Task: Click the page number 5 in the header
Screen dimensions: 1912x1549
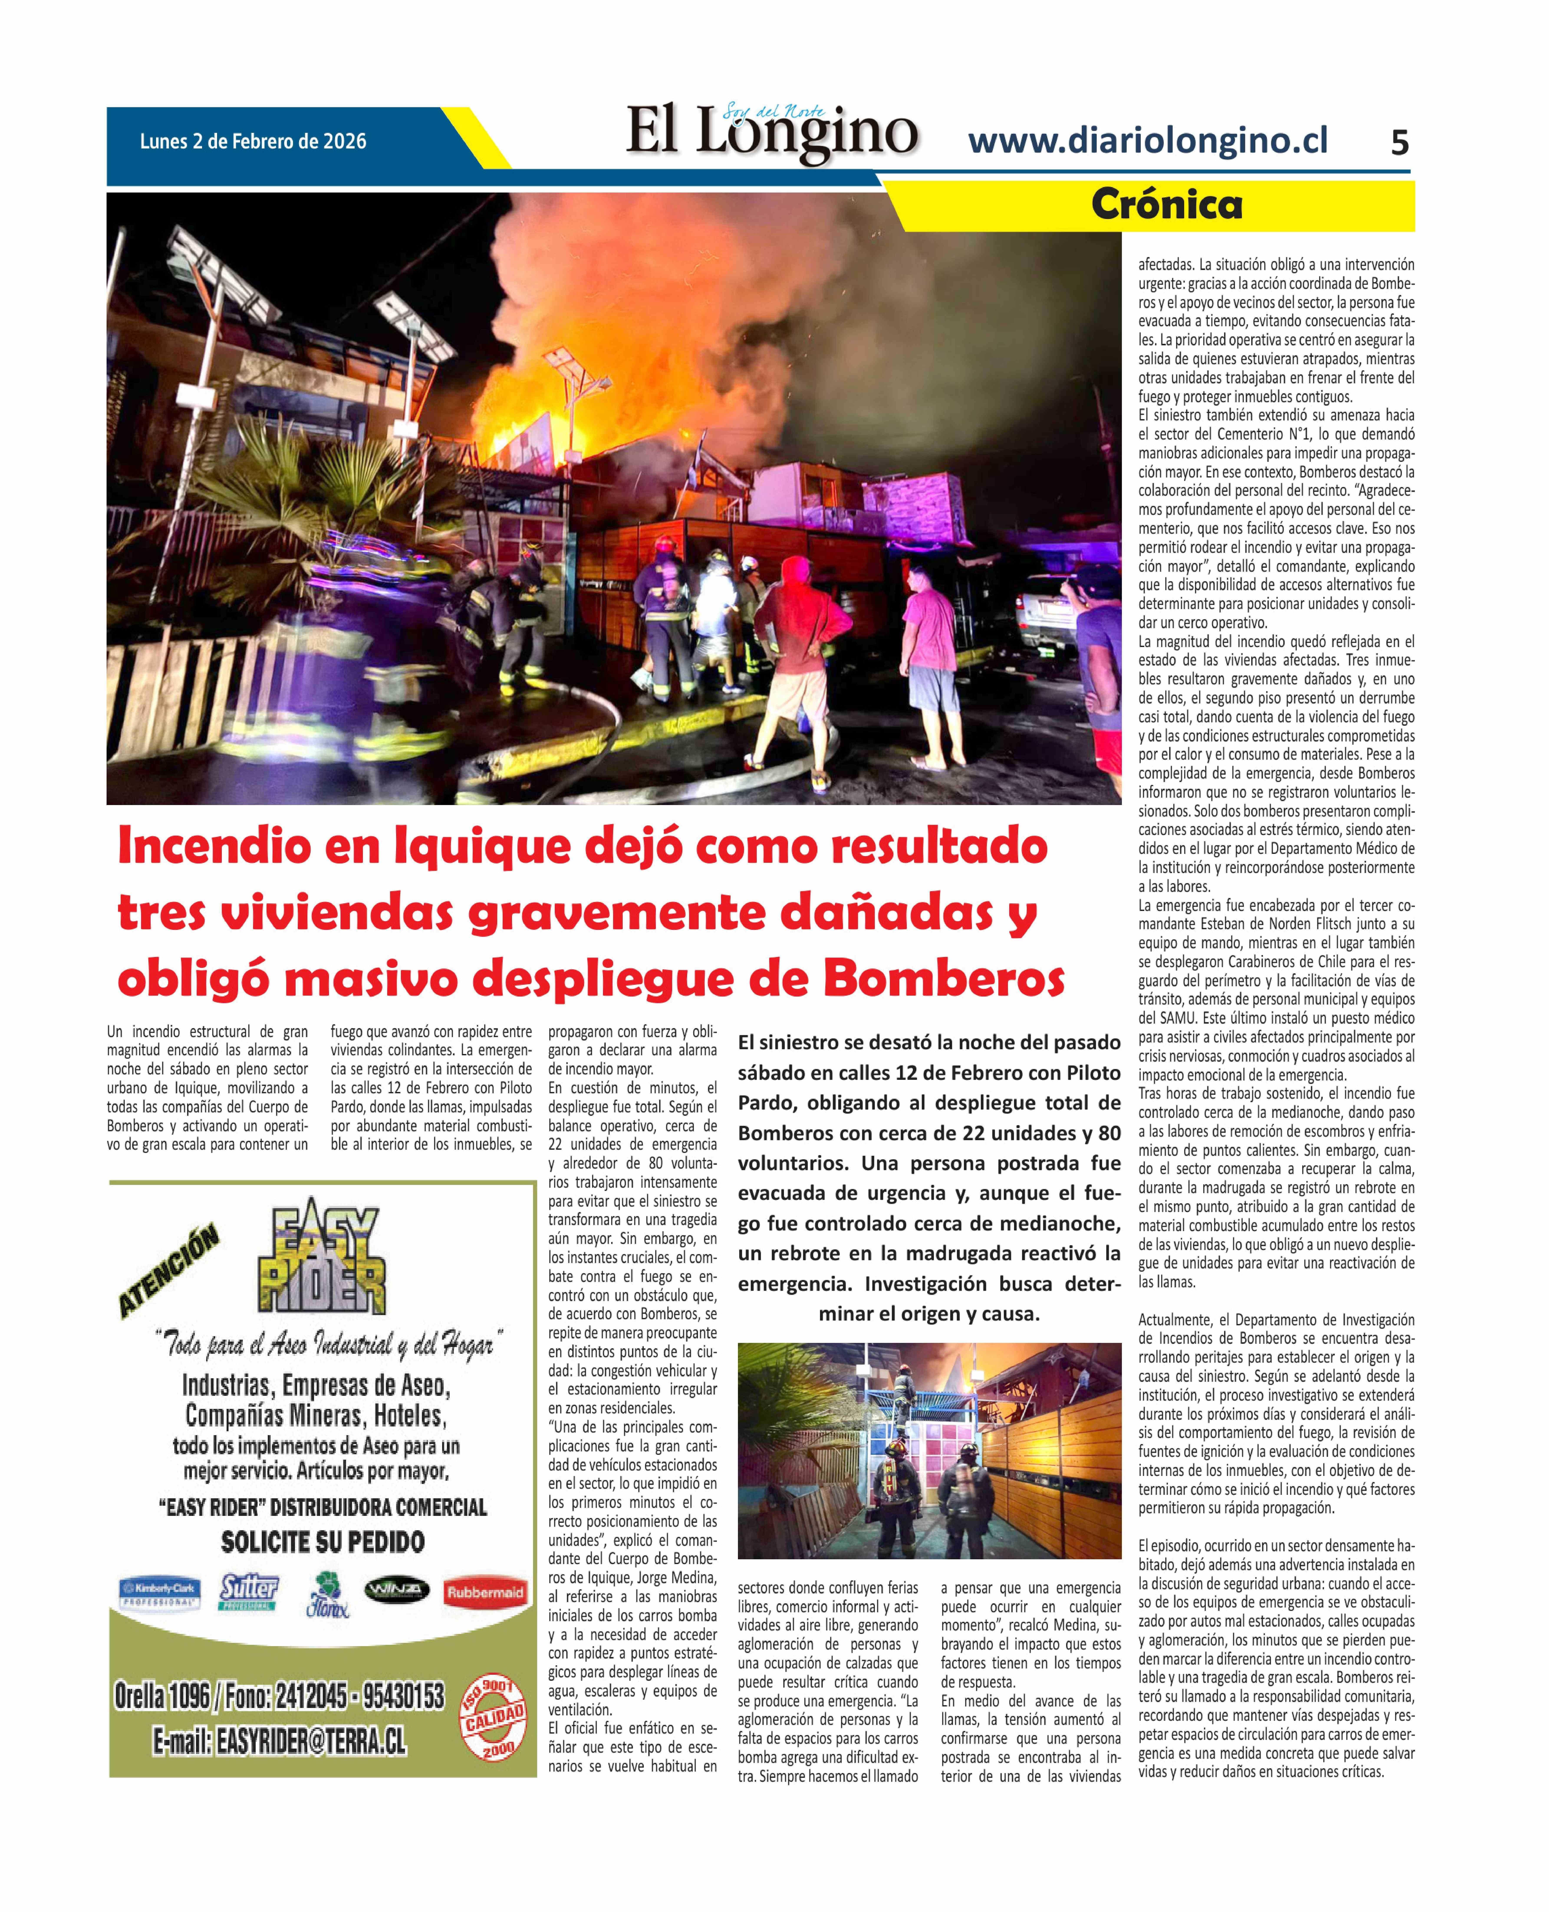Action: click(x=1399, y=143)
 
